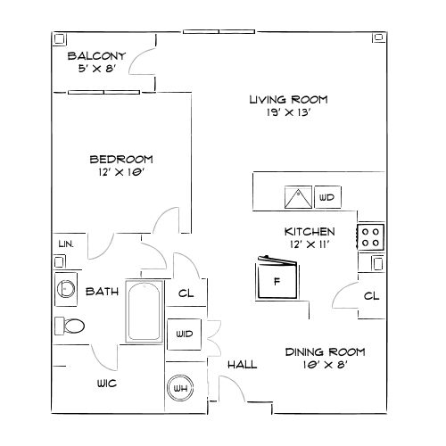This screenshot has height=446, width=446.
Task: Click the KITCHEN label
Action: pos(310,230)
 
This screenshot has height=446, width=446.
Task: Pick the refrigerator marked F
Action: pos(277,279)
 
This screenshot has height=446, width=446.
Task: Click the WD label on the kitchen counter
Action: pos(326,196)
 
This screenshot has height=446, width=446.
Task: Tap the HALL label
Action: pos(242,365)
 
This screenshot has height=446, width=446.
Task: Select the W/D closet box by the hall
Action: pos(185,334)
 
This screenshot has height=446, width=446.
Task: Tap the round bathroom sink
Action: pos(65,288)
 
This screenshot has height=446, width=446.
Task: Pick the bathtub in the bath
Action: pos(143,312)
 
